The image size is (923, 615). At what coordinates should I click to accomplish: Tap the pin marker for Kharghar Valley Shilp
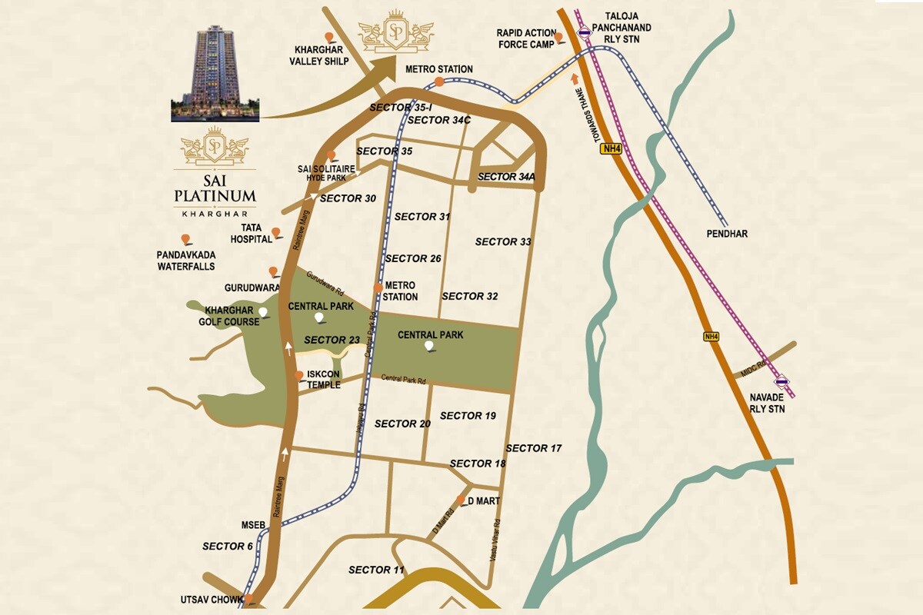(329, 38)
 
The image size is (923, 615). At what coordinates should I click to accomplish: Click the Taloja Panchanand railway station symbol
(585, 32)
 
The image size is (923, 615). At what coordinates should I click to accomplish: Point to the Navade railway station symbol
(781, 380)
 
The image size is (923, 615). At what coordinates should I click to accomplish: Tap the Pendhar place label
(725, 233)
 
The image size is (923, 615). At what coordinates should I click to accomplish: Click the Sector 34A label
(505, 177)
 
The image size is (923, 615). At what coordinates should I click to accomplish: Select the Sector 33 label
(503, 241)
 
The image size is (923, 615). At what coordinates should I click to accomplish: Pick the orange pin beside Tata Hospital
(276, 231)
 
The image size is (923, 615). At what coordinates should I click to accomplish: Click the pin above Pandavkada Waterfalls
(185, 239)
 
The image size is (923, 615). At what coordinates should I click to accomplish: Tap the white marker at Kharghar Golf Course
(264, 312)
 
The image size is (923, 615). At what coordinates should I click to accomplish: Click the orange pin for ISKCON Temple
(299, 375)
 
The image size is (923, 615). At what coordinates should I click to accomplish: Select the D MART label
(484, 501)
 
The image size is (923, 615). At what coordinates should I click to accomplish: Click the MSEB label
(253, 525)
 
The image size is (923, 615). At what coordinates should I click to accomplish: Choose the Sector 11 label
(376, 570)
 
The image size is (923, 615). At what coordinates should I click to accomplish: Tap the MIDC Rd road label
(752, 367)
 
